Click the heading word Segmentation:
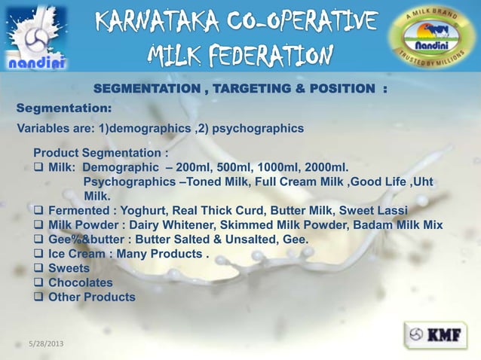point(64,108)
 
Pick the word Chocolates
point(81,282)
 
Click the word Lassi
point(390,210)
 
